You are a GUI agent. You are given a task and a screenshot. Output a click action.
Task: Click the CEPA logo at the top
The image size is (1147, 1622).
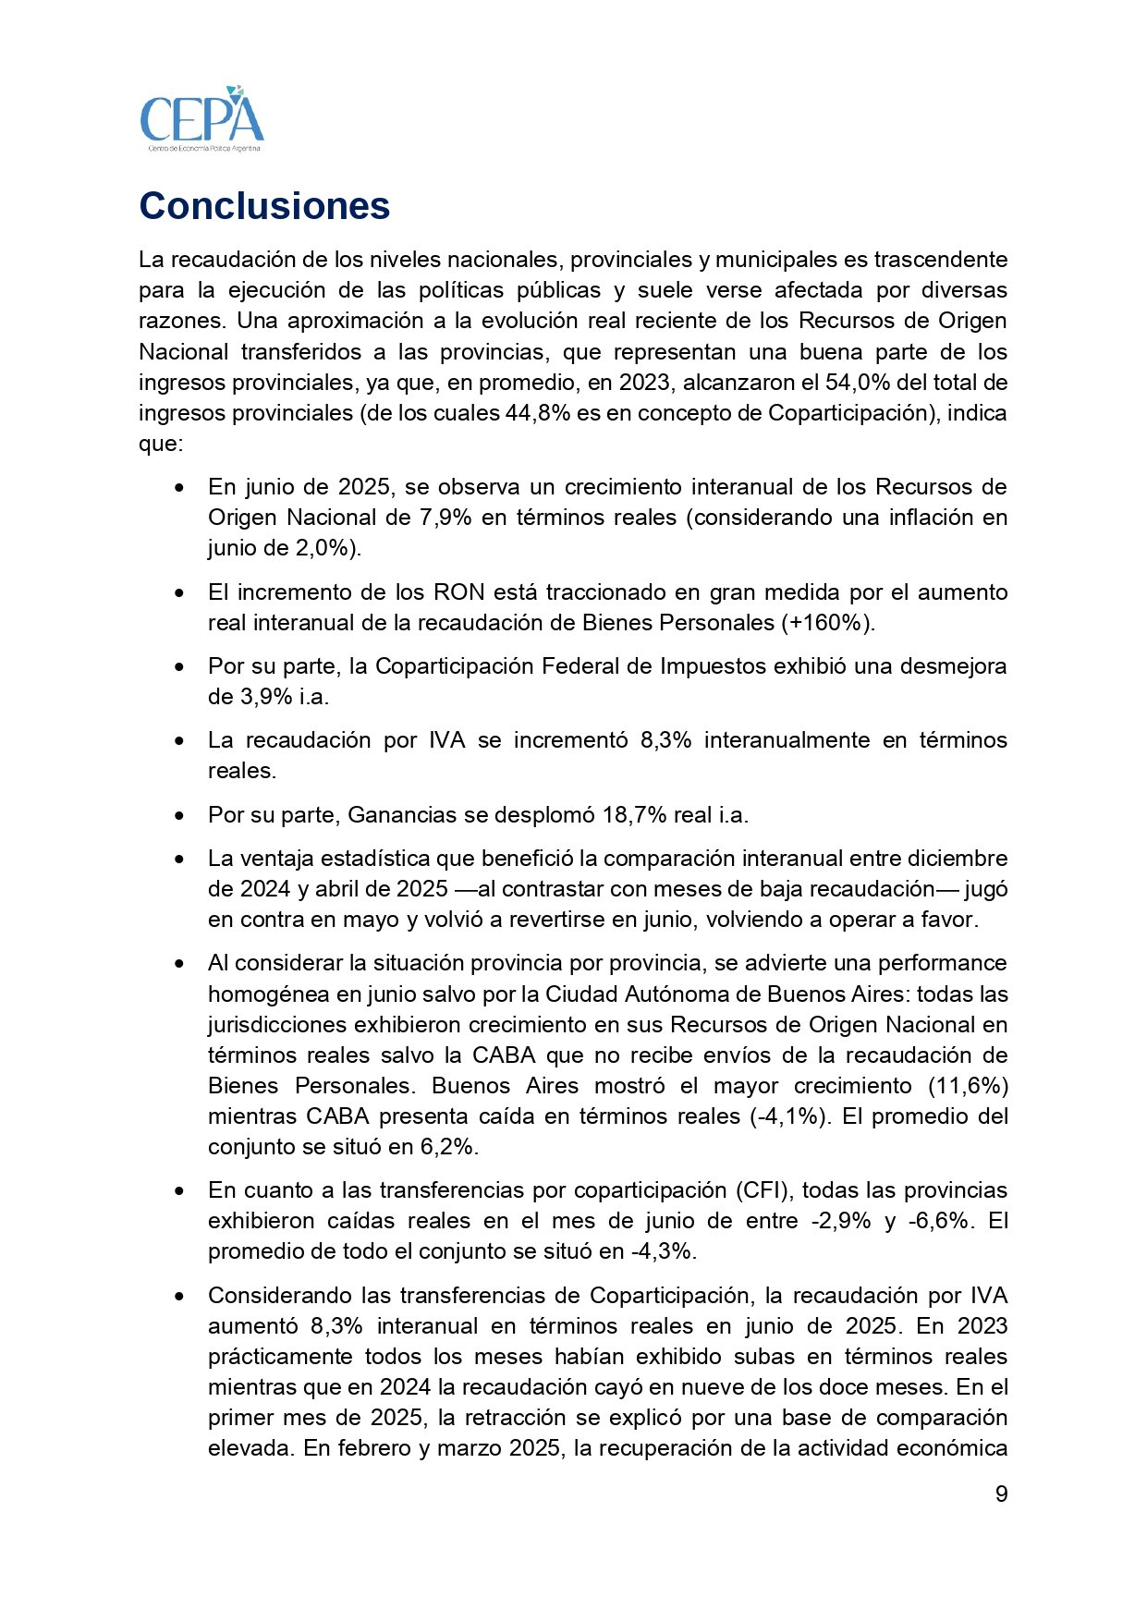(201, 119)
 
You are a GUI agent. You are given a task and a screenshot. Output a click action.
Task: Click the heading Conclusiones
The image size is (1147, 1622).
(264, 206)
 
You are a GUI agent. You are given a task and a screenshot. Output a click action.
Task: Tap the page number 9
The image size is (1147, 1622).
(1001, 1494)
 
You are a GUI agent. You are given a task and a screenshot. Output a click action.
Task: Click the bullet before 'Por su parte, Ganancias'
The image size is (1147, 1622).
(179, 816)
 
